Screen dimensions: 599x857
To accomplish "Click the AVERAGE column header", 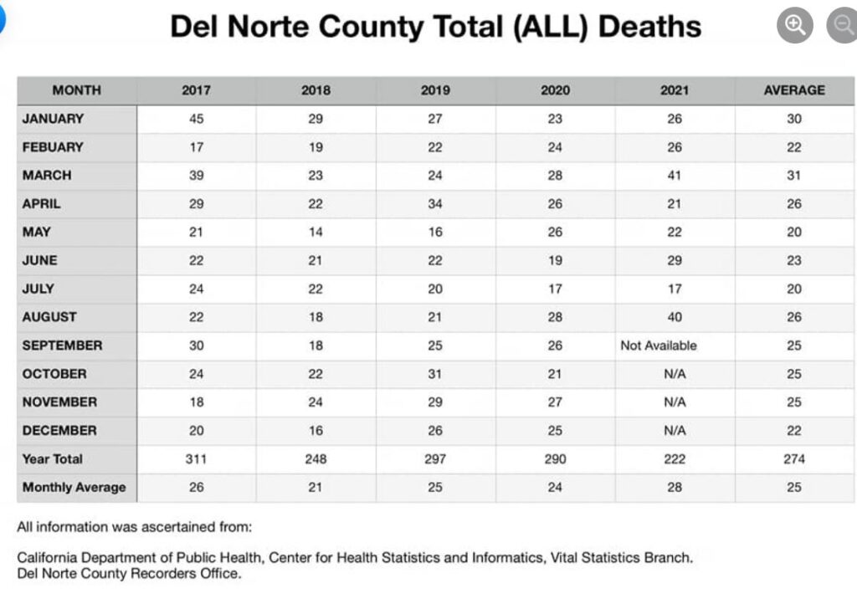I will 793,90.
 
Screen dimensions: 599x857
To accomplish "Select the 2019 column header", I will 435,90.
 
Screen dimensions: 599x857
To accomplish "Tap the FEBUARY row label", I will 53,147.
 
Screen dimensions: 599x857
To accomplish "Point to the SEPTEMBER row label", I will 62,346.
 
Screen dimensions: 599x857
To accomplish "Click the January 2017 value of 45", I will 196,119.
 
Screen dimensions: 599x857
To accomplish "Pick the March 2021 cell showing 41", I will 675,176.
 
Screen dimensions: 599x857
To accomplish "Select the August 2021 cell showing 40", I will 675,317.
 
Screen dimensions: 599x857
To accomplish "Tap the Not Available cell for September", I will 658,346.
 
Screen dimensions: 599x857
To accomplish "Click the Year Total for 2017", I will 196,458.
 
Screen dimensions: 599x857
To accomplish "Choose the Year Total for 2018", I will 316,458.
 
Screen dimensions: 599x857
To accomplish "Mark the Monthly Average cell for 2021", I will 675,487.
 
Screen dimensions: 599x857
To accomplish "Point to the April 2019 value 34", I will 435,204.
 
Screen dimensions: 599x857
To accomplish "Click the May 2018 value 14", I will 316,233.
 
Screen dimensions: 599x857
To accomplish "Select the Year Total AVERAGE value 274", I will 793,458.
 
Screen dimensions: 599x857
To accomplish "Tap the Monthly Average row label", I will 74,487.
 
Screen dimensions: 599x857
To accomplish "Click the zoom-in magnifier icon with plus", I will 794,25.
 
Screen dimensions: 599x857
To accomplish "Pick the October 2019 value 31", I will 435,374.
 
